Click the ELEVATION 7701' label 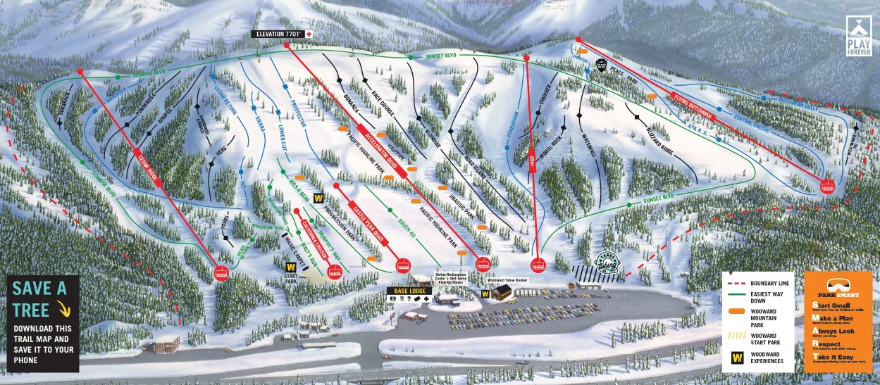pyautogui.click(x=278, y=34)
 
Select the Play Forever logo pyautogui.click(x=859, y=37)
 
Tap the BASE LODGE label pyautogui.click(x=408, y=289)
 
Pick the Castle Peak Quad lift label pyautogui.click(x=369, y=222)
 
